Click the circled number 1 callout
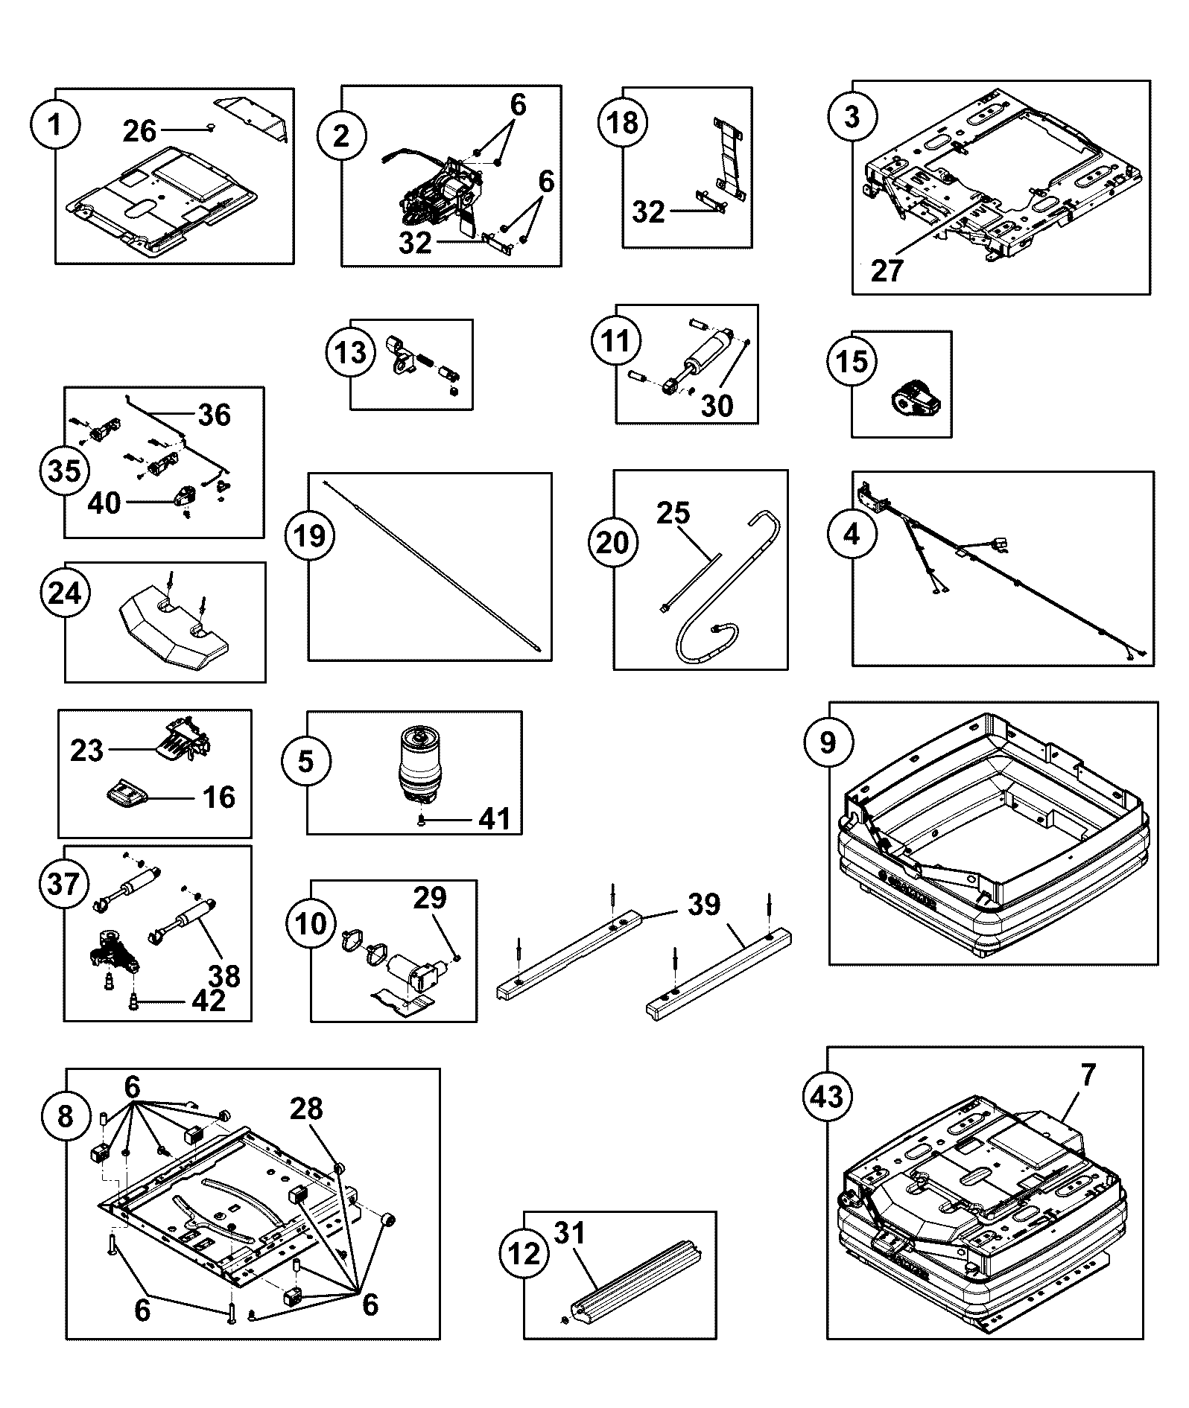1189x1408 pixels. (x=54, y=126)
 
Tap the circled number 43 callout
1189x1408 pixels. (x=827, y=1097)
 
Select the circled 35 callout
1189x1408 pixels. (x=64, y=471)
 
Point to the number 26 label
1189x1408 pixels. (x=139, y=131)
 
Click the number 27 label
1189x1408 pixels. (x=887, y=270)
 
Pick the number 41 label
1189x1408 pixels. (x=495, y=819)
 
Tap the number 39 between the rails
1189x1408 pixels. (x=703, y=905)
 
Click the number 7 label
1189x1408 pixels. (x=1088, y=1075)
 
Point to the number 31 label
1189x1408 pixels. (x=570, y=1234)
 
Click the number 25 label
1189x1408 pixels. (x=673, y=513)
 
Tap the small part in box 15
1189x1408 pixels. (x=914, y=393)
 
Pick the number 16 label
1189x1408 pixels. (x=219, y=797)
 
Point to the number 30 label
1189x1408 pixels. (x=717, y=406)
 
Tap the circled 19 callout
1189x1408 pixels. (x=310, y=535)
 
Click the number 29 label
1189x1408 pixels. (x=430, y=898)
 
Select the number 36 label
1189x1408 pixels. (x=215, y=415)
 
